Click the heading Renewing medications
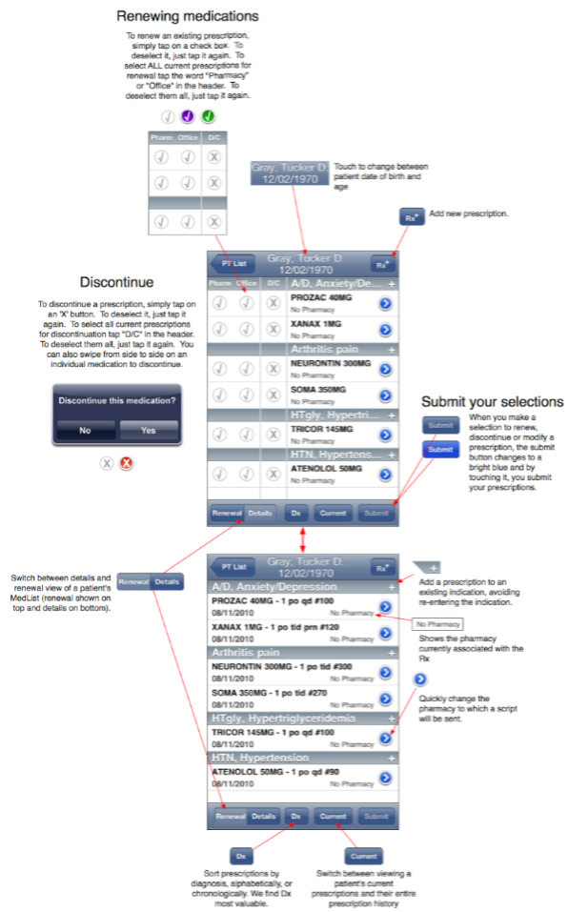coord(187,16)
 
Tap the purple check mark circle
coord(188,117)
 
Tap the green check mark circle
coord(208,117)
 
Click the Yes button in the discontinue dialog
coord(149,430)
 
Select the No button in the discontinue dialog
coord(85,430)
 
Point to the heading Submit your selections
coord(492,401)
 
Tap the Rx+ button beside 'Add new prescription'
coord(411,217)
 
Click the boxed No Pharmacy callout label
coord(437,623)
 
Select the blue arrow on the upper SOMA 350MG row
coord(385,395)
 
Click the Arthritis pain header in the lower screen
coord(246,653)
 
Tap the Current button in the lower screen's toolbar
coord(333,817)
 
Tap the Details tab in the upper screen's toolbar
coord(260,513)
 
